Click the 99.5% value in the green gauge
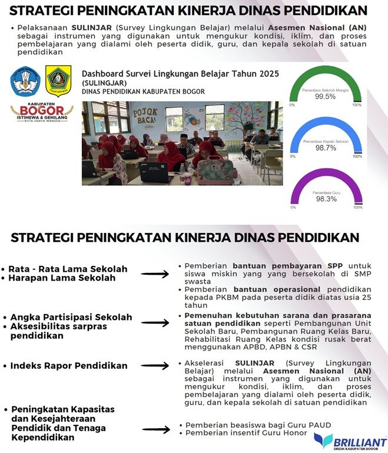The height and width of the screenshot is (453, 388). pyautogui.click(x=325, y=96)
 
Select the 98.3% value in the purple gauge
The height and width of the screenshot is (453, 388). pyautogui.click(x=325, y=199)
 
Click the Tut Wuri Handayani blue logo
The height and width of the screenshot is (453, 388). pyautogui.click(x=25, y=81)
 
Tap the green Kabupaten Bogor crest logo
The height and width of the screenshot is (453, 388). pyautogui.click(x=59, y=81)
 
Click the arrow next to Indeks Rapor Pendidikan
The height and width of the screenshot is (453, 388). pyautogui.click(x=155, y=366)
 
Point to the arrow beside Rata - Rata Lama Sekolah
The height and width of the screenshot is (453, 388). pyautogui.click(x=155, y=274)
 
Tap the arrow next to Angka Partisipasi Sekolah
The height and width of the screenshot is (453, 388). pyautogui.click(x=155, y=323)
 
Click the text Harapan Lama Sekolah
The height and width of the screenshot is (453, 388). pyautogui.click(x=62, y=278)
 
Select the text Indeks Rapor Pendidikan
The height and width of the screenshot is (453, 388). pyautogui.click(x=68, y=366)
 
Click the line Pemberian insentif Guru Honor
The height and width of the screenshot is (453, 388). pyautogui.click(x=246, y=434)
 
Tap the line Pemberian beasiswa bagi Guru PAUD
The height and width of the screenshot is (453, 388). pyautogui.click(x=258, y=425)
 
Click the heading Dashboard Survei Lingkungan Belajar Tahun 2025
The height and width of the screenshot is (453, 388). pyautogui.click(x=180, y=74)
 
